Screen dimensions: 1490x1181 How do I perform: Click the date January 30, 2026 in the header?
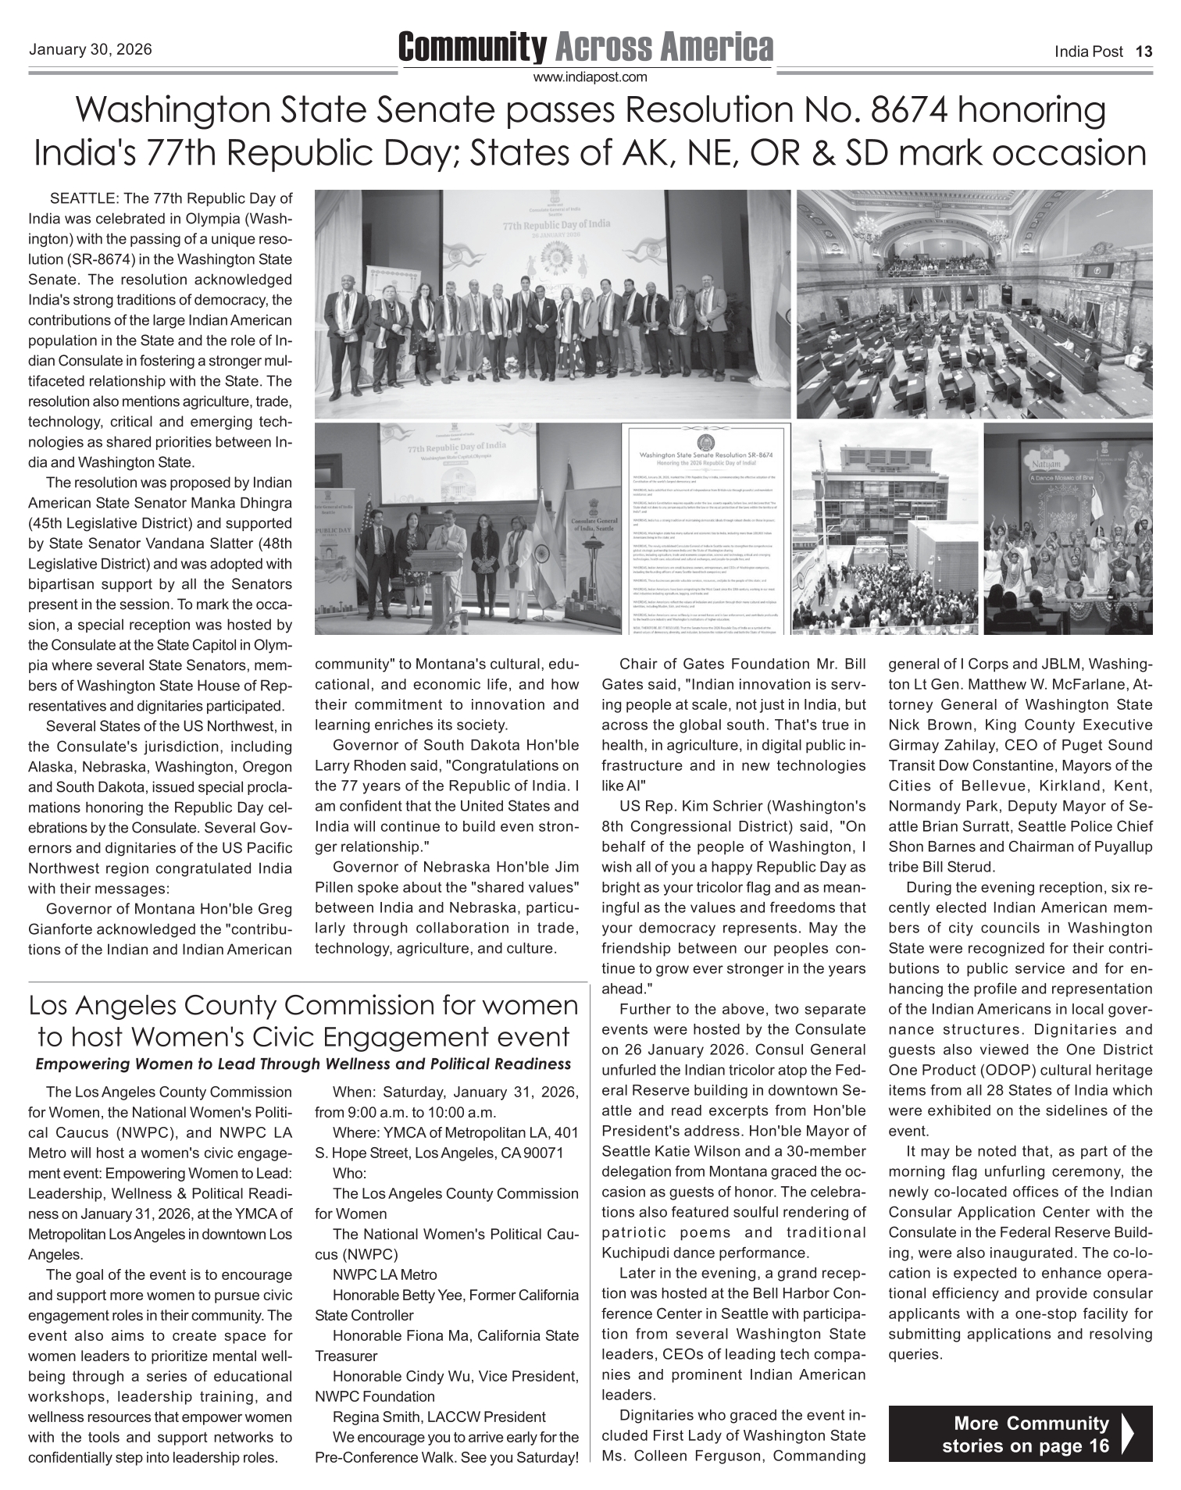click(x=90, y=50)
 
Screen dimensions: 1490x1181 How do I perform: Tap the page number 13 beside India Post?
click(x=1144, y=52)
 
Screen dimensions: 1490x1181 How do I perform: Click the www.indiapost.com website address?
click(x=590, y=77)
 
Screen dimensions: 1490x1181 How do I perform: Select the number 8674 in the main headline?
click(x=906, y=111)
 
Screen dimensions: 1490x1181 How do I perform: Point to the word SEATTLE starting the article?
click(x=83, y=198)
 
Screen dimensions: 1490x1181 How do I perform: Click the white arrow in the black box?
click(x=1127, y=1433)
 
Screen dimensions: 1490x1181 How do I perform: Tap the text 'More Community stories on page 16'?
click(x=1025, y=1434)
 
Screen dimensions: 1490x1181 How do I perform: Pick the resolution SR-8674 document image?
click(x=706, y=529)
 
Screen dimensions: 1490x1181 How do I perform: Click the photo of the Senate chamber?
click(x=974, y=305)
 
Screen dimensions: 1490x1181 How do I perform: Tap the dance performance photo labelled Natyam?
click(x=1068, y=529)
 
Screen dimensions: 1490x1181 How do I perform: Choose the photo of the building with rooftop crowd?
click(x=886, y=529)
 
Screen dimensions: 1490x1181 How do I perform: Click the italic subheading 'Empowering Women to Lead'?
click(x=303, y=1064)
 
